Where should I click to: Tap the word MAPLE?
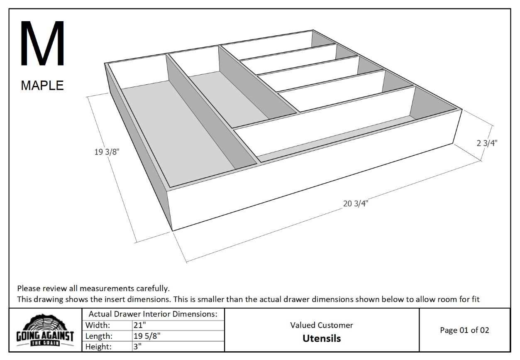(x=42, y=86)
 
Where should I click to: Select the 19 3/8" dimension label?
(x=107, y=152)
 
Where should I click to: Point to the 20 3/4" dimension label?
(x=356, y=203)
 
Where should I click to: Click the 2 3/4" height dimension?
(x=487, y=143)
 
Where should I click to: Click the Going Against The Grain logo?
(x=45, y=331)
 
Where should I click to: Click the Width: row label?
(x=98, y=325)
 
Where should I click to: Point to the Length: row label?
(x=99, y=336)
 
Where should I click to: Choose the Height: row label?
(x=99, y=346)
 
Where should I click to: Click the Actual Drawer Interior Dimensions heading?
(x=153, y=314)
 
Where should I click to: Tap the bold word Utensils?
(x=322, y=338)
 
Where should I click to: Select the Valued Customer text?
(x=322, y=325)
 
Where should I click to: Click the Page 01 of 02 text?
(x=464, y=330)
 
